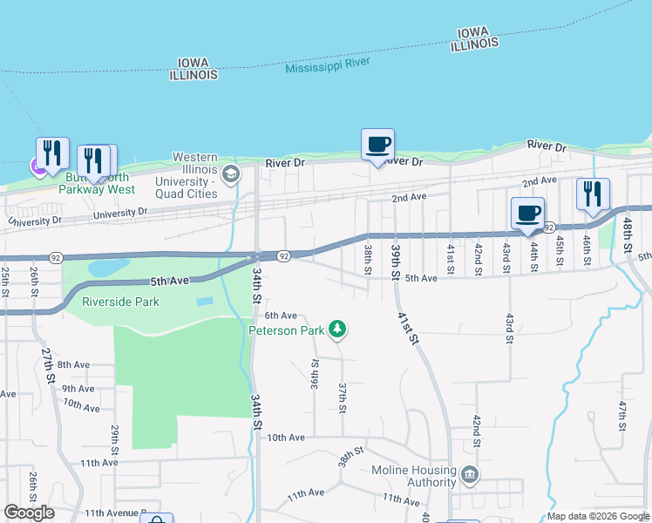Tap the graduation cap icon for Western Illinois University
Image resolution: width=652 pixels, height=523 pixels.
(x=231, y=173)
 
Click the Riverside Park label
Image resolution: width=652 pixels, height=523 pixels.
(x=121, y=302)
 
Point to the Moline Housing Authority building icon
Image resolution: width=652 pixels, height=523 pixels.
(x=470, y=475)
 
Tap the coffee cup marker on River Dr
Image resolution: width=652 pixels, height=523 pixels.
(x=377, y=144)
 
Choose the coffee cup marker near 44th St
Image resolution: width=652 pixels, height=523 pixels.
(x=527, y=214)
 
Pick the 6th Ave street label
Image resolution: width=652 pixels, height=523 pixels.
(x=281, y=316)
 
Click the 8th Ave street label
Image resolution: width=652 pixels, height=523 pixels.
(x=74, y=364)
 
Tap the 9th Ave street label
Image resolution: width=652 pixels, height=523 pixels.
(x=78, y=388)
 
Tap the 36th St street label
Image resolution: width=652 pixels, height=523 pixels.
(x=315, y=372)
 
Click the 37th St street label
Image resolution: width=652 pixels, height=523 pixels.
(x=343, y=397)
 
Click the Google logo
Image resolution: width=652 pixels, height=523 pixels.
(x=30, y=513)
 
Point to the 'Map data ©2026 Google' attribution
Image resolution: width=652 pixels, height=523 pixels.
(x=598, y=516)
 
